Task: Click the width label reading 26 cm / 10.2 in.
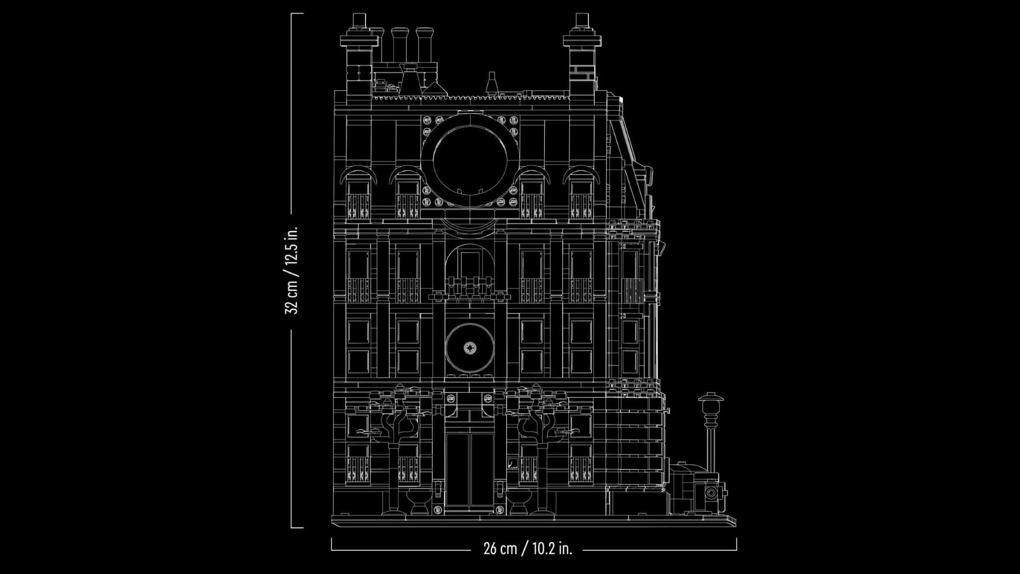[x=527, y=550]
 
